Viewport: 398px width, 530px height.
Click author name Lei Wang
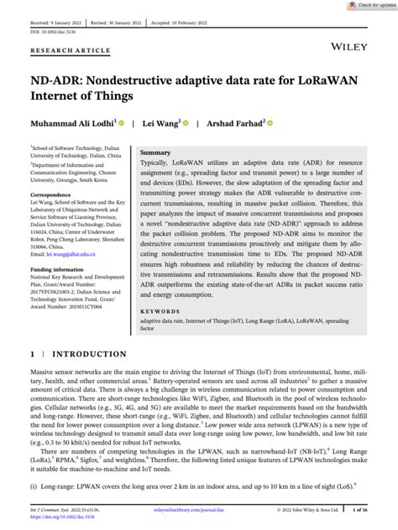coord(160,122)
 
